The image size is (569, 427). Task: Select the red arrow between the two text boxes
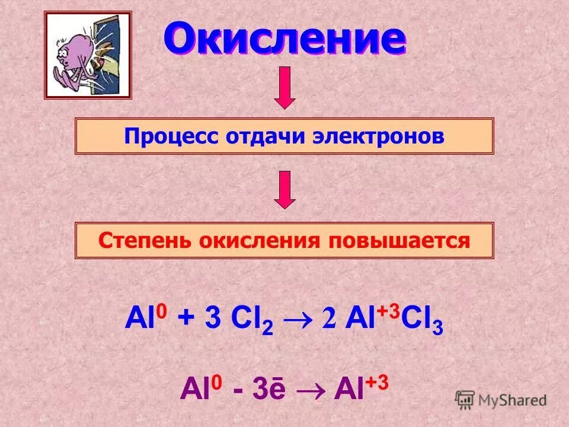285,189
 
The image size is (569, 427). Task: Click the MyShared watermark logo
501,400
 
